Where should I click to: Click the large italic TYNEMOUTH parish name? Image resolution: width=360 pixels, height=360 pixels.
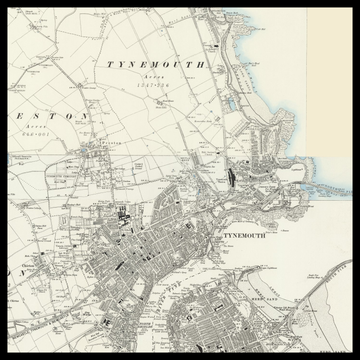(155, 64)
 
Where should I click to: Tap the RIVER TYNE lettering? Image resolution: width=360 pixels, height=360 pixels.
(200, 290)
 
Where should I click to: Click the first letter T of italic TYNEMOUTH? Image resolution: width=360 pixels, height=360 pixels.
(110, 64)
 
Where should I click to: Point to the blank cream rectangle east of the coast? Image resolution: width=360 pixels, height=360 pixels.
(336, 80)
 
